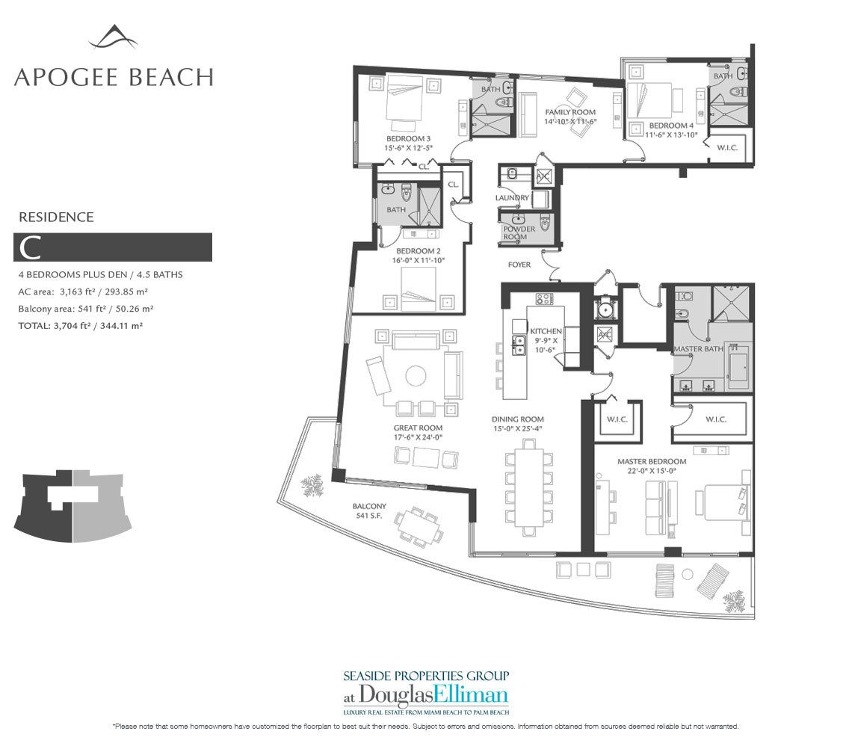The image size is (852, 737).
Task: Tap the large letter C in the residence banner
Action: point(30,248)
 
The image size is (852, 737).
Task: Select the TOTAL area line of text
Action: point(81,326)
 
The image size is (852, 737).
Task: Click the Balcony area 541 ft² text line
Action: point(86,309)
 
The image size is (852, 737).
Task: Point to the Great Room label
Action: point(419,428)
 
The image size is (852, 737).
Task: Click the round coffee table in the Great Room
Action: point(416,376)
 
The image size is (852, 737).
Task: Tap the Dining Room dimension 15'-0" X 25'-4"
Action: point(517,429)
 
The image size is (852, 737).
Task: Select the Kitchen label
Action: point(546,331)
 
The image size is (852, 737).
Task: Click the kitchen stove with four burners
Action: point(544,298)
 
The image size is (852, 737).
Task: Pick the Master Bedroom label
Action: point(652,461)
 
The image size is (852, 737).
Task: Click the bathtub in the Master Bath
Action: point(738,368)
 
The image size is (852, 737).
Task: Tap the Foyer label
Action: point(519,265)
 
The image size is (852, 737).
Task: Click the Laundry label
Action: point(512,198)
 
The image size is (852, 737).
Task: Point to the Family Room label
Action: point(570,112)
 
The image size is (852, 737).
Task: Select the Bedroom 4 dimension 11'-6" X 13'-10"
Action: point(671,135)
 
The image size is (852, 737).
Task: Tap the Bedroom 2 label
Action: point(419,251)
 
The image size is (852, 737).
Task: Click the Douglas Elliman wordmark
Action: point(425,695)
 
